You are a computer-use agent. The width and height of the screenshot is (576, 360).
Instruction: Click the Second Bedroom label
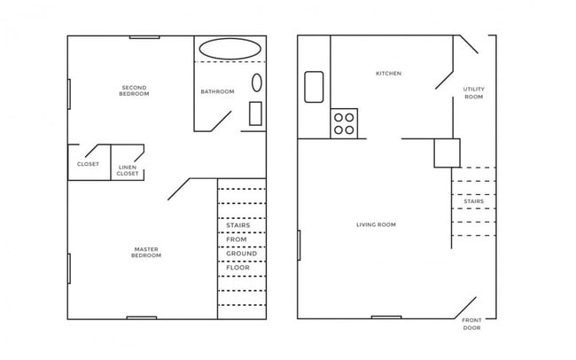click(x=133, y=90)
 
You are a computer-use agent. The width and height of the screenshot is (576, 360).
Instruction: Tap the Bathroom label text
click(x=217, y=92)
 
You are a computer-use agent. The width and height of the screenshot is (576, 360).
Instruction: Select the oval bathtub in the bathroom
click(x=230, y=49)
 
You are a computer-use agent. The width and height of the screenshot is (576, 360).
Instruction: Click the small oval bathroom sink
click(x=257, y=83)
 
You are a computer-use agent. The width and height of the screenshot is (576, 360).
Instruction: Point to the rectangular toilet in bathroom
click(x=256, y=113)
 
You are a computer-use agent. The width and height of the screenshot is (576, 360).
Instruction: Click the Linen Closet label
click(x=128, y=170)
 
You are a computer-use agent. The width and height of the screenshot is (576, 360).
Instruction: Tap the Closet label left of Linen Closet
click(x=88, y=164)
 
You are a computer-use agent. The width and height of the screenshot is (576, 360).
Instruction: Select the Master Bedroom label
click(x=146, y=252)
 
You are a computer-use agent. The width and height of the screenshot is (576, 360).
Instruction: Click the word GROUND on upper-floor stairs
click(x=241, y=254)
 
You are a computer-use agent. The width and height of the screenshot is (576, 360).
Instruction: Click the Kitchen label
click(x=389, y=74)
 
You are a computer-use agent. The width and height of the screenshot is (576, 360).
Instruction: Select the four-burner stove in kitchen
click(x=344, y=123)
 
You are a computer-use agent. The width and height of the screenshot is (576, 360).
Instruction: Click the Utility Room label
click(x=474, y=93)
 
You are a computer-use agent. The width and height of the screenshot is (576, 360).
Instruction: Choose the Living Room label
click(x=376, y=225)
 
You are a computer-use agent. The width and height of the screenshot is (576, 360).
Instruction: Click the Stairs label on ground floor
click(x=474, y=201)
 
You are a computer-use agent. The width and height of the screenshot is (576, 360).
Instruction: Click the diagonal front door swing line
click(x=467, y=308)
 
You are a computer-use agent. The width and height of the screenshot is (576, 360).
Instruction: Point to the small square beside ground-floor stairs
click(x=447, y=153)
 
